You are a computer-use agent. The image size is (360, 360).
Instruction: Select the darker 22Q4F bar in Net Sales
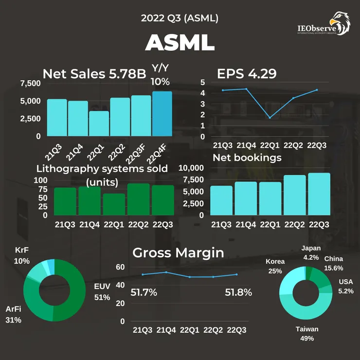pyautogui.click(x=162, y=114)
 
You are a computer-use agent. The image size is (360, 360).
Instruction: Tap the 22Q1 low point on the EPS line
pyautogui.click(x=270, y=118)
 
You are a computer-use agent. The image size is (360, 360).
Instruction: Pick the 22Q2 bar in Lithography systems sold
pyautogui.click(x=138, y=199)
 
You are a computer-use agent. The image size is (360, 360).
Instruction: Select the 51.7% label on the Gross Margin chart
pyautogui.click(x=144, y=292)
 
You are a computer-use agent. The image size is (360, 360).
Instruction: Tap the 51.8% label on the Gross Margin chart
pyautogui.click(x=238, y=292)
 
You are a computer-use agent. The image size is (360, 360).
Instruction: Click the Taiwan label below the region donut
pyautogui.click(x=307, y=329)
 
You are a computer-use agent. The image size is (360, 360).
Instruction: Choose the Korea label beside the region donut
pyautogui.click(x=275, y=262)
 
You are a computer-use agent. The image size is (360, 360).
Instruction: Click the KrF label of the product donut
pyautogui.click(x=22, y=250)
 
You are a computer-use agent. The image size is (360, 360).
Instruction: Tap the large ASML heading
pyautogui.click(x=180, y=43)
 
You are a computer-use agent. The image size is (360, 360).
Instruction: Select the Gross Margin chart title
pyautogui.click(x=178, y=252)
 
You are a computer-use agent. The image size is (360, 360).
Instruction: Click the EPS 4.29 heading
pyautogui.click(x=247, y=74)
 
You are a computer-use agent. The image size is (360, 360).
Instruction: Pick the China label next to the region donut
pyautogui.click(x=333, y=259)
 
